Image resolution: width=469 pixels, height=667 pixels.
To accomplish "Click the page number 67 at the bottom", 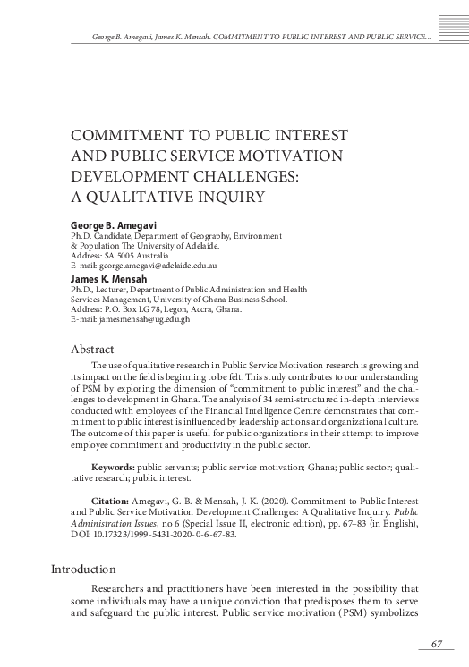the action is (438, 645).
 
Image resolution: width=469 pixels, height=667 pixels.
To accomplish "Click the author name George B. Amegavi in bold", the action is (113, 225).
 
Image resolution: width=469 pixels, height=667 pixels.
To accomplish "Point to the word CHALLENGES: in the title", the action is (244, 175).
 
